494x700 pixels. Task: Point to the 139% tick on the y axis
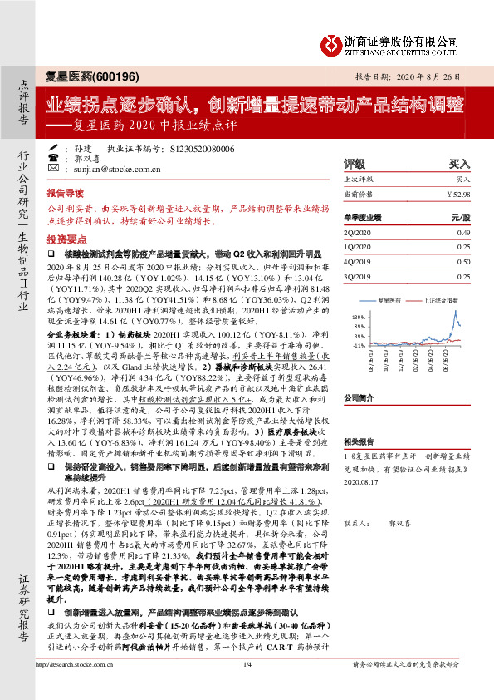coord(359,318)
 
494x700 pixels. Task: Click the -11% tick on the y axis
coord(359,343)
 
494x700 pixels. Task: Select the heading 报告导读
coord(88,190)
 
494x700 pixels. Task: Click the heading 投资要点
coord(88,237)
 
